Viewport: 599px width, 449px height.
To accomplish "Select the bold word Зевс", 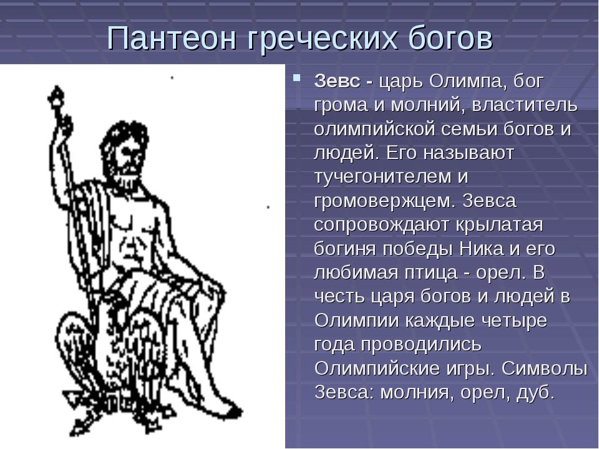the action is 337,81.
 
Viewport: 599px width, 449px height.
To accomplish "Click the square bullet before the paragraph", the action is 296,78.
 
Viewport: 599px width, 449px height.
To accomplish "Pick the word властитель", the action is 525,105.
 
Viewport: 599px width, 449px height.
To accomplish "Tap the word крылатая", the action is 499,225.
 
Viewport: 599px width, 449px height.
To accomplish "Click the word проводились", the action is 421,345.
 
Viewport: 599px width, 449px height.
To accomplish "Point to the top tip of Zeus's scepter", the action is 57,87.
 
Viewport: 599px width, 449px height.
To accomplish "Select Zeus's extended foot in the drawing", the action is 225,408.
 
